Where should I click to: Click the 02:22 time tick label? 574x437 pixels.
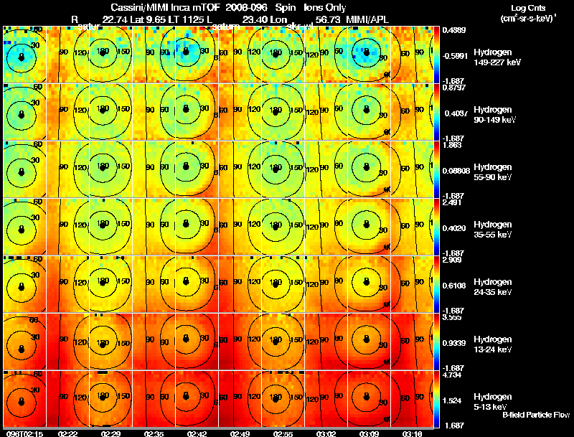[x=67, y=433]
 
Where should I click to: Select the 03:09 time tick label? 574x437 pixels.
[x=368, y=433]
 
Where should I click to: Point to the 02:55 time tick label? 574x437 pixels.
[x=282, y=433]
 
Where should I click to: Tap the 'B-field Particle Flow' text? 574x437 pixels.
[x=536, y=415]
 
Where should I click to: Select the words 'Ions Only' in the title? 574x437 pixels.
[x=324, y=8]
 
